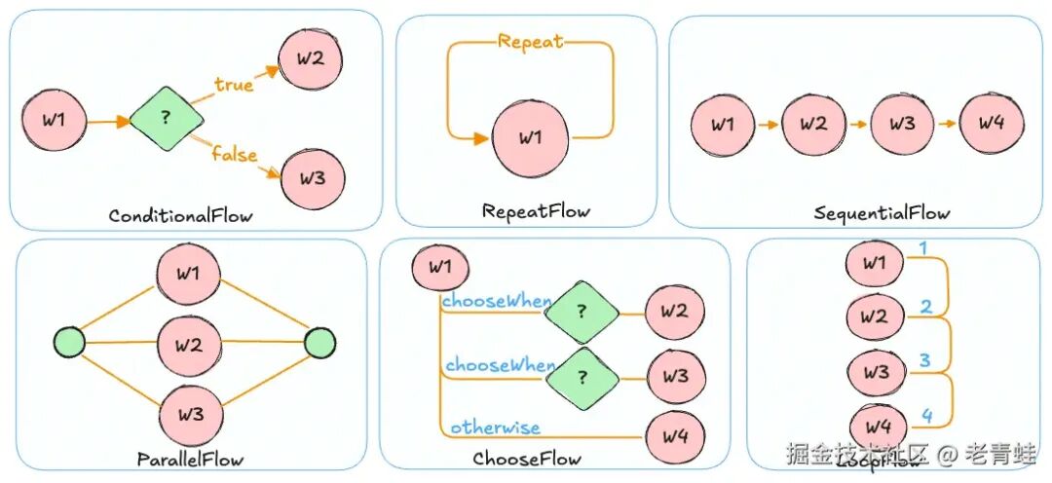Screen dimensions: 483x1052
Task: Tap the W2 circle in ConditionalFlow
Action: pyautogui.click(x=311, y=56)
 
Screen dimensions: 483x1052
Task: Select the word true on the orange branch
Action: pyautogui.click(x=234, y=86)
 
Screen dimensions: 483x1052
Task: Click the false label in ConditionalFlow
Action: pyautogui.click(x=234, y=155)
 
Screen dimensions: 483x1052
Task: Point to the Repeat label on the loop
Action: pyautogui.click(x=530, y=42)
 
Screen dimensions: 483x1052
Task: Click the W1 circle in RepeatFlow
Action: pyautogui.click(x=531, y=137)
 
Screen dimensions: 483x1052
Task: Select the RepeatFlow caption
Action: pyautogui.click(x=536, y=210)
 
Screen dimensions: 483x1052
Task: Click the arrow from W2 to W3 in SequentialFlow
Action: pyautogui.click(x=856, y=125)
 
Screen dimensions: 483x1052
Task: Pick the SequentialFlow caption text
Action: pyautogui.click(x=882, y=212)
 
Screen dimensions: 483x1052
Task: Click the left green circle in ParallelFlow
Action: pyautogui.click(x=69, y=343)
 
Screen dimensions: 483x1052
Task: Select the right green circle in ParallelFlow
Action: pyautogui.click(x=319, y=343)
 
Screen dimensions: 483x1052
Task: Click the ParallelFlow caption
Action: pyautogui.click(x=191, y=457)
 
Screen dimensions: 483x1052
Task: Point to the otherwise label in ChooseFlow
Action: pyautogui.click(x=495, y=427)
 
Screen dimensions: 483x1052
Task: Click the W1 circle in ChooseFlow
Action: pyautogui.click(x=440, y=267)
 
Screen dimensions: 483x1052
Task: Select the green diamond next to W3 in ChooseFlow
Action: pyautogui.click(x=581, y=375)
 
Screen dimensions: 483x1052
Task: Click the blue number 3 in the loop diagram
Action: pyautogui.click(x=926, y=360)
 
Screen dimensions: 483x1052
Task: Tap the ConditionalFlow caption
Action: pyautogui.click(x=181, y=215)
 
